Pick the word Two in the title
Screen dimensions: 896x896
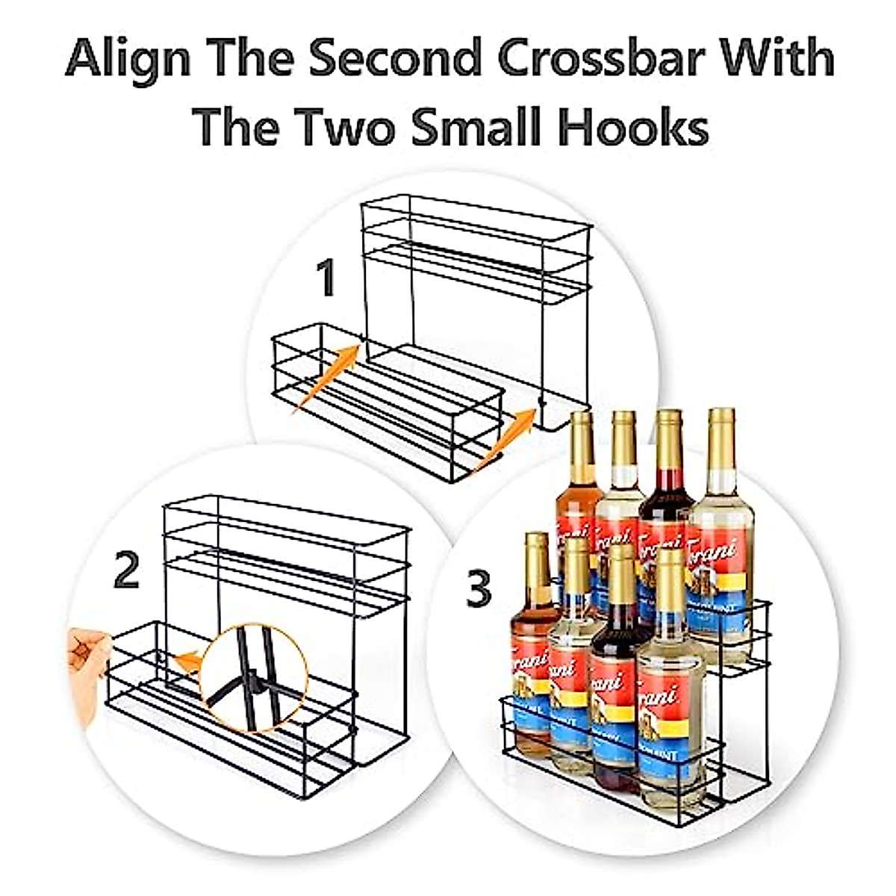click(x=355, y=127)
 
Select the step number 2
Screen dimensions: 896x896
click(x=127, y=571)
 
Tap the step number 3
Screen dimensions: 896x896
click(x=479, y=588)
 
